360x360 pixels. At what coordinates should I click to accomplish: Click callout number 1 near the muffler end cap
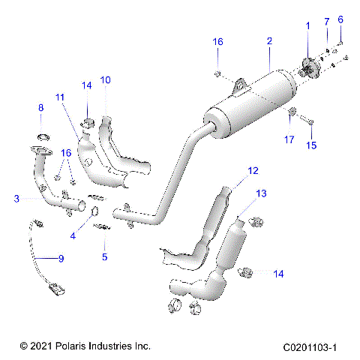(x=307, y=26)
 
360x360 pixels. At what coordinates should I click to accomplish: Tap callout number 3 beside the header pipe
(x=16, y=199)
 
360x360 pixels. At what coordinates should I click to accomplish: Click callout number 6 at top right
(x=340, y=19)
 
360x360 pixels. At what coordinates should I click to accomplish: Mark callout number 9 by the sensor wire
(x=61, y=259)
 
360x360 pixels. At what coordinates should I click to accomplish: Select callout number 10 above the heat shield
(x=105, y=79)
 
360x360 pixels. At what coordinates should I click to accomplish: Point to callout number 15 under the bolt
(x=311, y=145)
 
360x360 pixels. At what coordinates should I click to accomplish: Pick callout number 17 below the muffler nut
(x=289, y=139)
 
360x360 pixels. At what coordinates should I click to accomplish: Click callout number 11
(x=59, y=97)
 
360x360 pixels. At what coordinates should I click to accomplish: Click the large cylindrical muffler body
(x=251, y=101)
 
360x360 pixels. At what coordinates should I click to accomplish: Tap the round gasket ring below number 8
(x=42, y=137)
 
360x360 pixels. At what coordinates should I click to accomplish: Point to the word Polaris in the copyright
(x=70, y=347)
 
